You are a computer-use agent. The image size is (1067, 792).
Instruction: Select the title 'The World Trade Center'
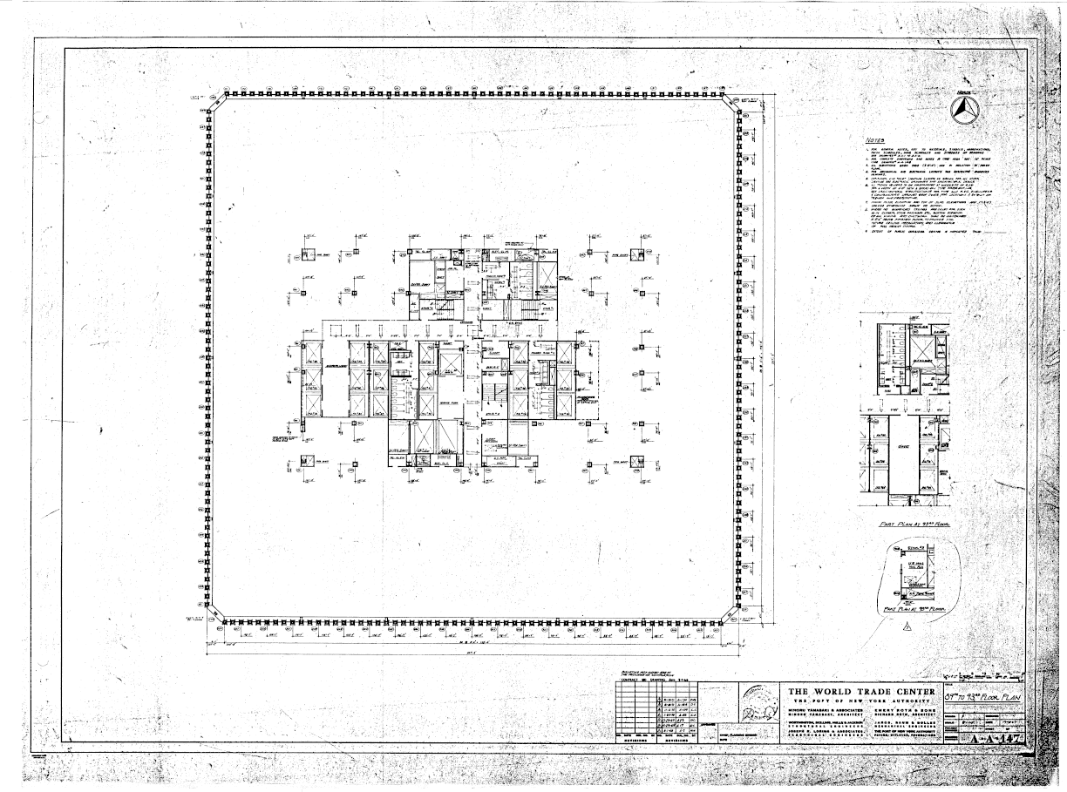click(x=862, y=694)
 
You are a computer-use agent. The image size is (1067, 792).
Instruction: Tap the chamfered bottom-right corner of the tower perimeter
click(x=735, y=616)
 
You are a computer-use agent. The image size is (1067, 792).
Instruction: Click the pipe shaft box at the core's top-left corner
click(x=307, y=255)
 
